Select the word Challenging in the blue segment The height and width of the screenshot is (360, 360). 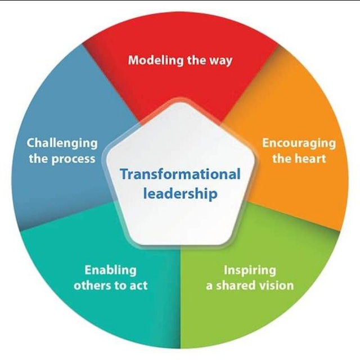point(62,143)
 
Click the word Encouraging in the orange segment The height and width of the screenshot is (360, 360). point(299,143)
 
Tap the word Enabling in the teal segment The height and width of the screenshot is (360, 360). point(111,270)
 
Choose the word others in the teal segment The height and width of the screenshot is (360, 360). point(92,285)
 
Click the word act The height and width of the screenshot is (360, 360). point(138,286)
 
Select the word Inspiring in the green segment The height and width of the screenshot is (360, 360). point(250,271)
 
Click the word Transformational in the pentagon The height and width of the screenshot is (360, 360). point(181,174)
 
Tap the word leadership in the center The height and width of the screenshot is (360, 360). point(180,193)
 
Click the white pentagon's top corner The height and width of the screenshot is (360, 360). point(181,102)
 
